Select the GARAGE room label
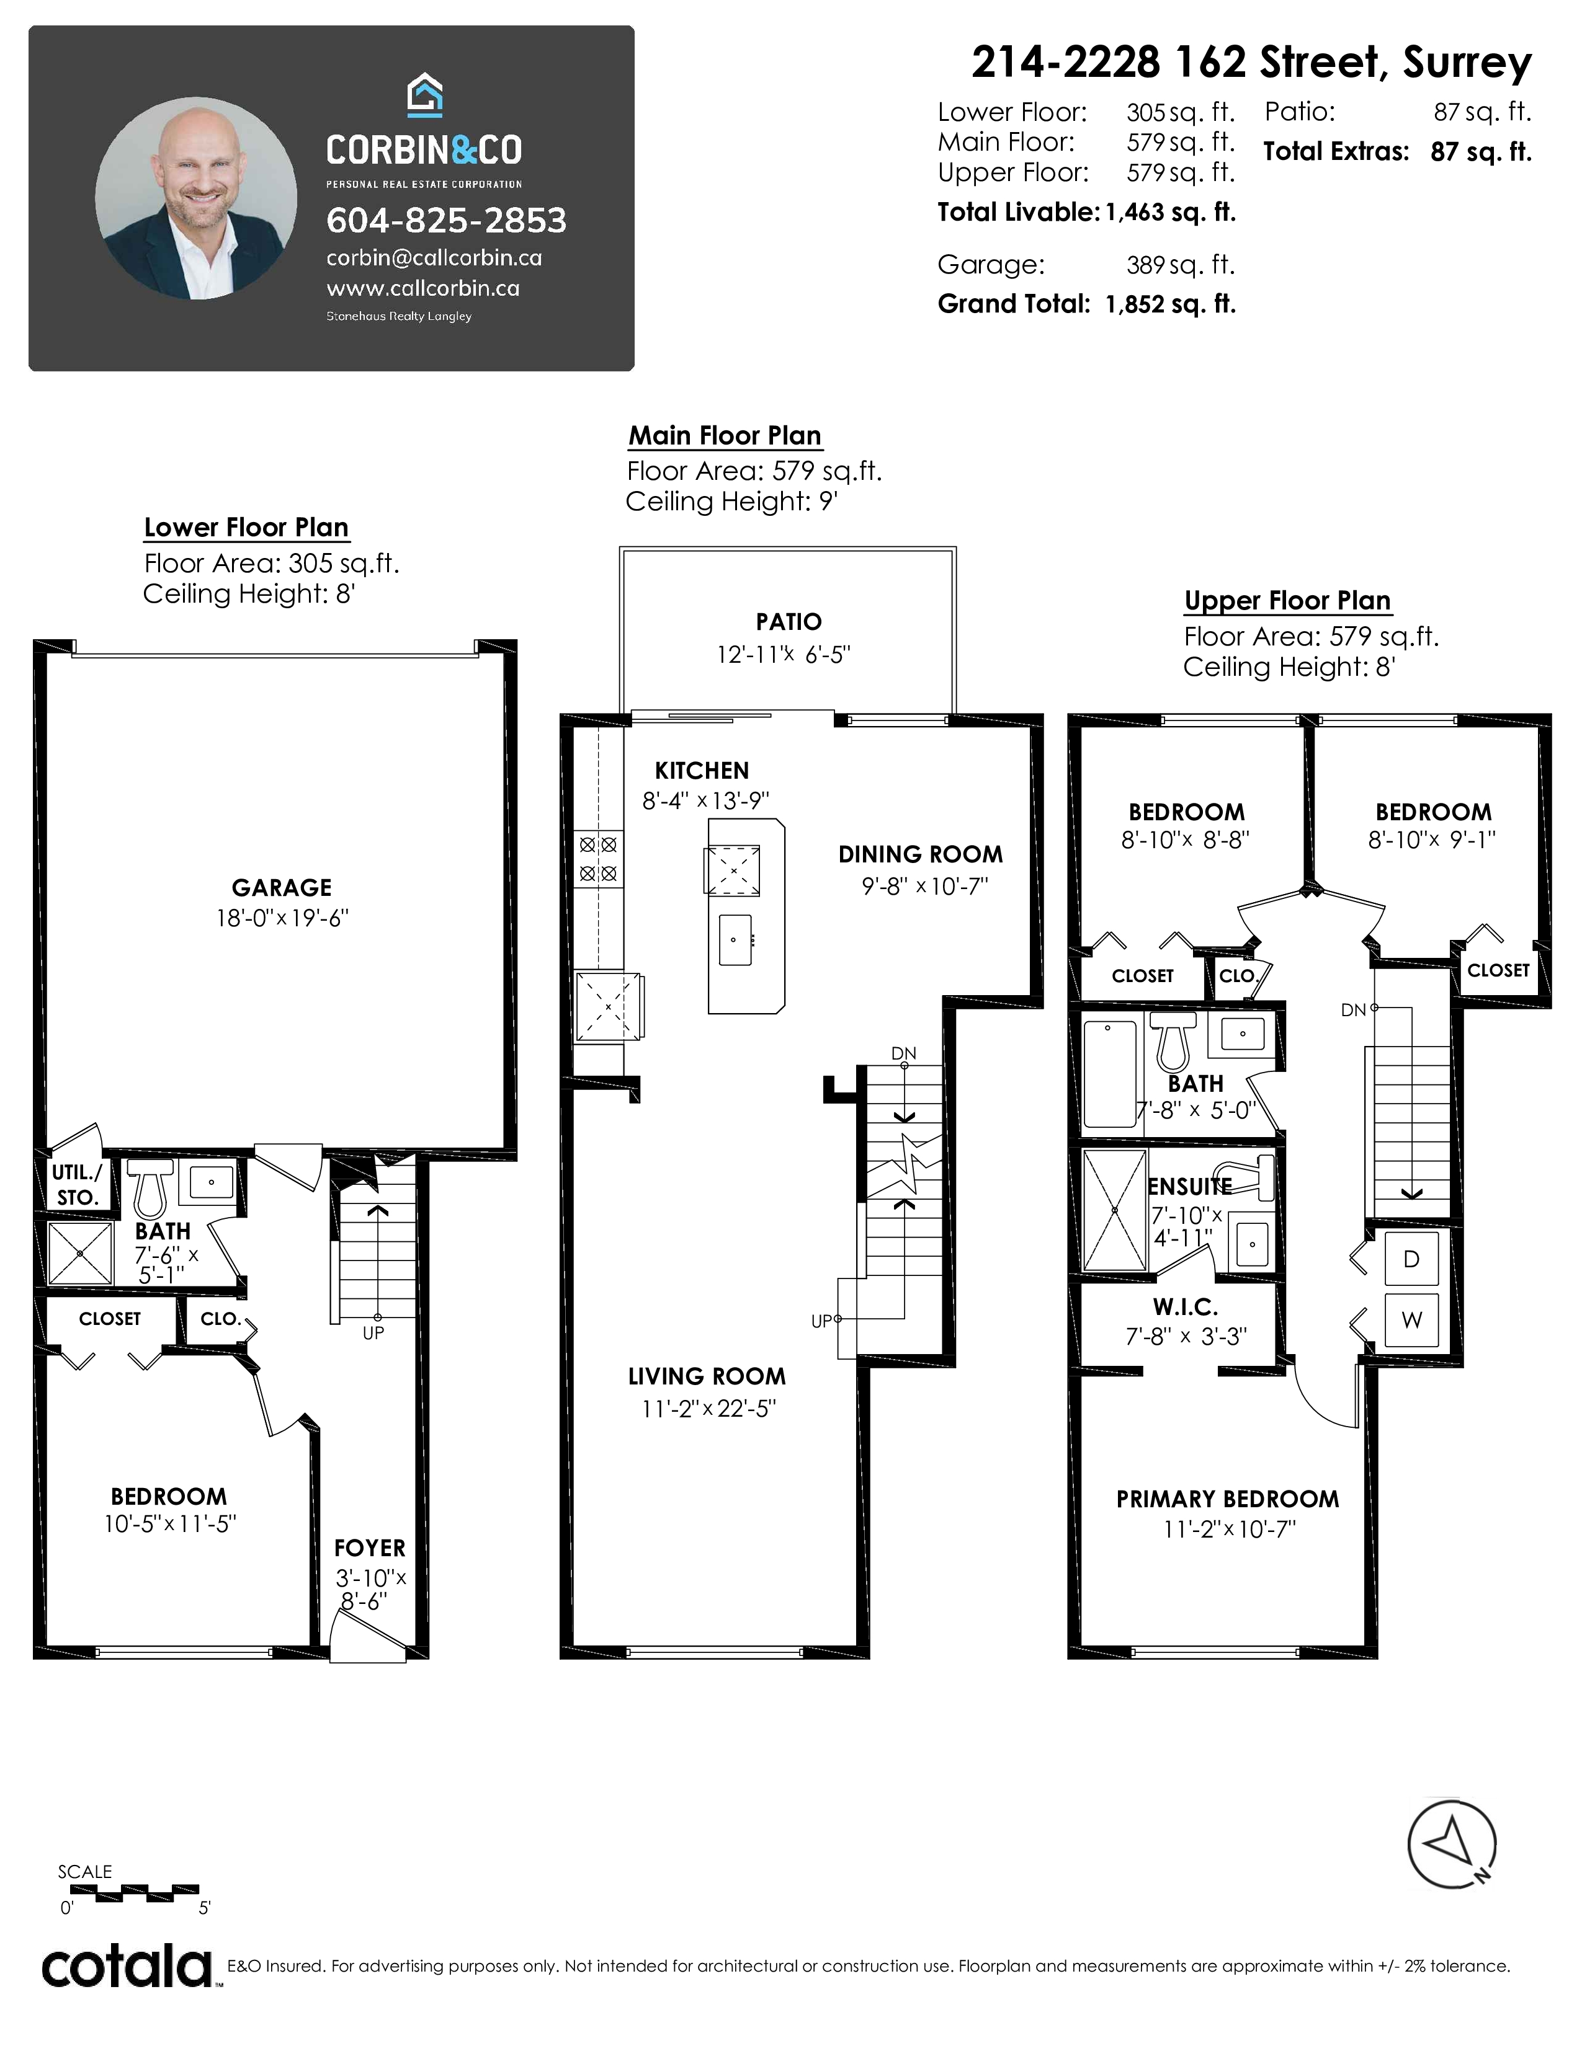pos(281,887)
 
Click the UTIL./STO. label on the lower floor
pos(77,1184)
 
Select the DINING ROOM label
pos(920,854)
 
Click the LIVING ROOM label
pos(707,1376)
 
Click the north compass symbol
pos(1452,1844)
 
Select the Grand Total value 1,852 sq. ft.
pos(1171,304)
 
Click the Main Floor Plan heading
pos(725,436)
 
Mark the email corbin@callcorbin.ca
pos(434,258)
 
